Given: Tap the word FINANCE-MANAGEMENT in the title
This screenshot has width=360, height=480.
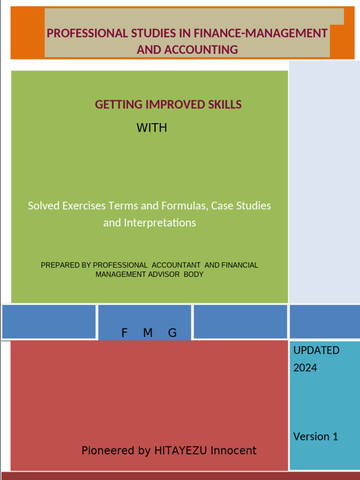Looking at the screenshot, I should [261, 33].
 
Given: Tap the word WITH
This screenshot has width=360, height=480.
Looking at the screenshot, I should [151, 127].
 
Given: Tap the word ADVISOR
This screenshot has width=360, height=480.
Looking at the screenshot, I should [164, 274].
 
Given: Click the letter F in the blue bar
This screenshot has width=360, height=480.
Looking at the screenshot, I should [124, 333].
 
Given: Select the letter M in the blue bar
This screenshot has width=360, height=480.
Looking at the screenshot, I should [148, 333].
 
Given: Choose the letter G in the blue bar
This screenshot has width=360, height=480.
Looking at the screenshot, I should [172, 333].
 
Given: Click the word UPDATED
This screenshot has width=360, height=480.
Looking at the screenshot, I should [316, 350].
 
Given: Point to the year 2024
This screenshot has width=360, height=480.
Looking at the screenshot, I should [305, 367].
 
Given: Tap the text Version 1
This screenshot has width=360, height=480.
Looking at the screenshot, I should [315, 436].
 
